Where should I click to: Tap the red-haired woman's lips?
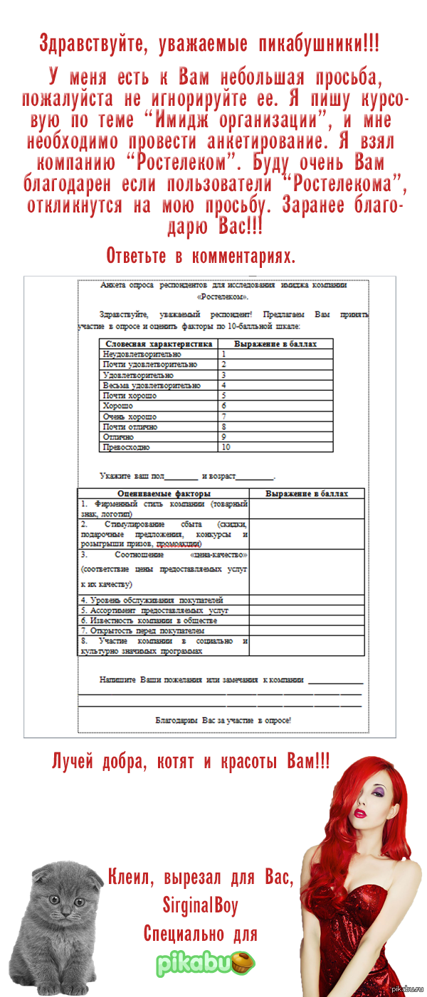[361, 812]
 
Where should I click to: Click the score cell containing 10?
[226, 448]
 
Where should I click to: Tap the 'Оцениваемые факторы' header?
[164, 493]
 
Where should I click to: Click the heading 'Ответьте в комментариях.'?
[201, 255]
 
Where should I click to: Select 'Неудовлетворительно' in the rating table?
[142, 354]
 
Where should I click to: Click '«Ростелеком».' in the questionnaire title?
[223, 296]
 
